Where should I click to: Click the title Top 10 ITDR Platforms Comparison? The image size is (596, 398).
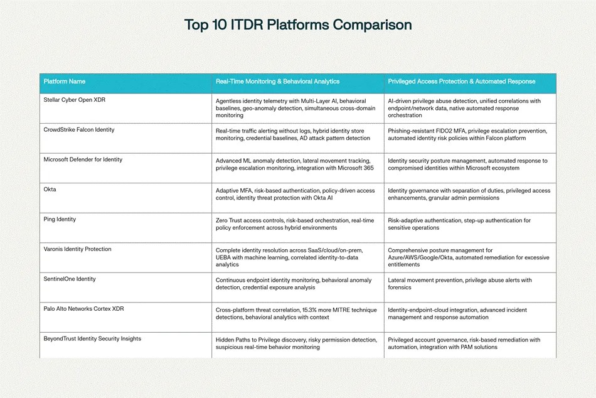pos(298,24)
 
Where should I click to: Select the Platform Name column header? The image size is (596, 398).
pos(64,82)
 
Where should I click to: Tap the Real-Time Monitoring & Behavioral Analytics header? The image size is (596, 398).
pos(277,82)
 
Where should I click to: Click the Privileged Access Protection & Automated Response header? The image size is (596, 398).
pos(462,82)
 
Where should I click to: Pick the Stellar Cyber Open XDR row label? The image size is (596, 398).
pos(75,100)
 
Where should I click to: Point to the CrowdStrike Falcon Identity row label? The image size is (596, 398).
pos(78,130)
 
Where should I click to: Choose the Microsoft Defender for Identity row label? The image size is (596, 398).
pos(83,159)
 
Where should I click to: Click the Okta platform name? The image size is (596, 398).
pos(50,190)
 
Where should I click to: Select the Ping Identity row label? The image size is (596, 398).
pos(60,219)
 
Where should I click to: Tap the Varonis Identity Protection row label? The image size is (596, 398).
pos(78,249)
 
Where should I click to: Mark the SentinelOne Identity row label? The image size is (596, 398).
pos(70,279)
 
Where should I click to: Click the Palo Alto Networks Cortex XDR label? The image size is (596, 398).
pos(83,309)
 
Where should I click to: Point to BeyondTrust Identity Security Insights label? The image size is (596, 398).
pos(92,338)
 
